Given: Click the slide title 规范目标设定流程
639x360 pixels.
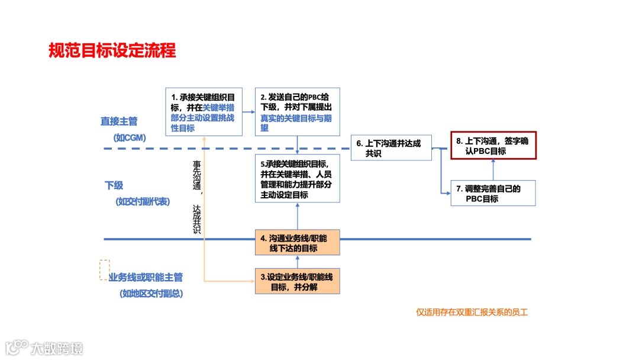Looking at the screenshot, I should [112, 50].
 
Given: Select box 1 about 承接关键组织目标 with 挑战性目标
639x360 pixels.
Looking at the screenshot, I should [203, 112].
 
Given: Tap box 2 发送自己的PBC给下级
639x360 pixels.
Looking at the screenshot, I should [296, 112].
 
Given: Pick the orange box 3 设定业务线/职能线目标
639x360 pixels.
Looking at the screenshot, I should [298, 282].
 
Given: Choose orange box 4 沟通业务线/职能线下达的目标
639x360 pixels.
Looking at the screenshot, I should [298, 243].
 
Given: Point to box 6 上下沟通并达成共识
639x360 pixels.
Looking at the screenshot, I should [390, 148].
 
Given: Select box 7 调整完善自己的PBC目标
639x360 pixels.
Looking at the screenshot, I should [493, 194].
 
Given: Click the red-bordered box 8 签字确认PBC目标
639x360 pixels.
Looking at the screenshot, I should [493, 146].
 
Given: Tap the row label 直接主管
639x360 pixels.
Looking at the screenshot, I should [119, 121].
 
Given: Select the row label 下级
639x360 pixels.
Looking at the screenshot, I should [114, 185].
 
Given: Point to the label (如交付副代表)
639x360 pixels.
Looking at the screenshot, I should [143, 201].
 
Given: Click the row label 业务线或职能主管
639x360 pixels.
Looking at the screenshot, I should [146, 277].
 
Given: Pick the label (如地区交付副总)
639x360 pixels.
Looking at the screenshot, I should [151, 293].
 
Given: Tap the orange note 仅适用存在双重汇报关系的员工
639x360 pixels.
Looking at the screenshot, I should [472, 312].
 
